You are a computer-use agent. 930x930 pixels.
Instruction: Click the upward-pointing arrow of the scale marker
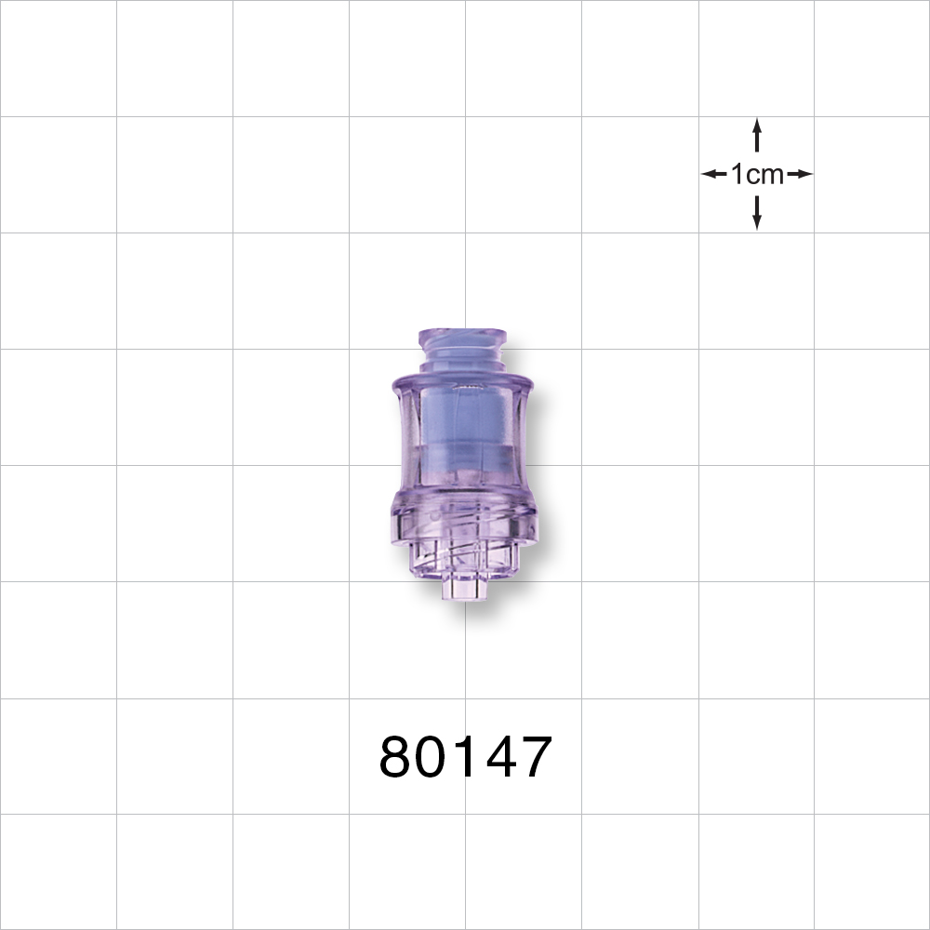click(x=757, y=135)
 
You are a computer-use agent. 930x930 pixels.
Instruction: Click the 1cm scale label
click(x=757, y=174)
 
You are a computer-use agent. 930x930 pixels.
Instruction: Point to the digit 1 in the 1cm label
click(x=737, y=174)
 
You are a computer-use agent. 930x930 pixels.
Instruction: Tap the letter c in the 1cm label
click(x=751, y=175)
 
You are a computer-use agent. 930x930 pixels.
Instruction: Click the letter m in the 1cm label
click(x=772, y=175)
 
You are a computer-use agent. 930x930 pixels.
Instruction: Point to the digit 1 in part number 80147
click(x=465, y=757)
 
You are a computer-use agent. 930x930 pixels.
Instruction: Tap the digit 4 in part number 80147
click(x=497, y=757)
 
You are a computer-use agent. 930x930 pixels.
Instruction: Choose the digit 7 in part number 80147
click(x=534, y=757)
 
